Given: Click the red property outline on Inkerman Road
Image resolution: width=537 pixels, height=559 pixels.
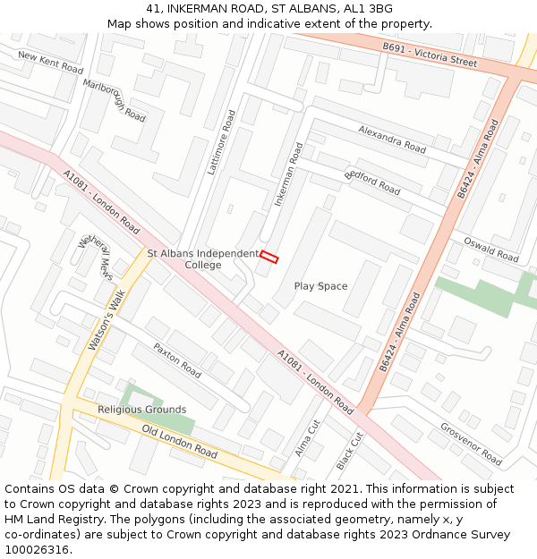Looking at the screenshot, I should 269,258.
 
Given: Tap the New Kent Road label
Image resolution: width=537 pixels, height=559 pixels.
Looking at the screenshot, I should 50,63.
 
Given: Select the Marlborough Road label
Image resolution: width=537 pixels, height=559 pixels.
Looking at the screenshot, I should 114,100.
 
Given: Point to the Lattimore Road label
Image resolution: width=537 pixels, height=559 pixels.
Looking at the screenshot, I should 221,141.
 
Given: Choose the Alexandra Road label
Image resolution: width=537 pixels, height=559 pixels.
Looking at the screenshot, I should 392,139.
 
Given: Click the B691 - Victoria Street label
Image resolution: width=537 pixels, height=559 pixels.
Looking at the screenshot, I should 430,54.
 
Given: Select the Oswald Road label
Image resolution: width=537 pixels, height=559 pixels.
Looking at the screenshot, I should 490,249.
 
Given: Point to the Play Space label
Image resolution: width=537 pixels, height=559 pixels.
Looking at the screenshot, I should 320,286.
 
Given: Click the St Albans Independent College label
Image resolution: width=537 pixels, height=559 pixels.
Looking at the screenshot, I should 203,259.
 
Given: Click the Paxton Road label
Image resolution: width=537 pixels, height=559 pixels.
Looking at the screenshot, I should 177,359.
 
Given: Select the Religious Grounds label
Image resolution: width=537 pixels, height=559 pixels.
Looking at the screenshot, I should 141,410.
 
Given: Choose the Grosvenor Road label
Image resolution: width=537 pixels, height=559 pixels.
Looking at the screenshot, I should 471,443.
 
